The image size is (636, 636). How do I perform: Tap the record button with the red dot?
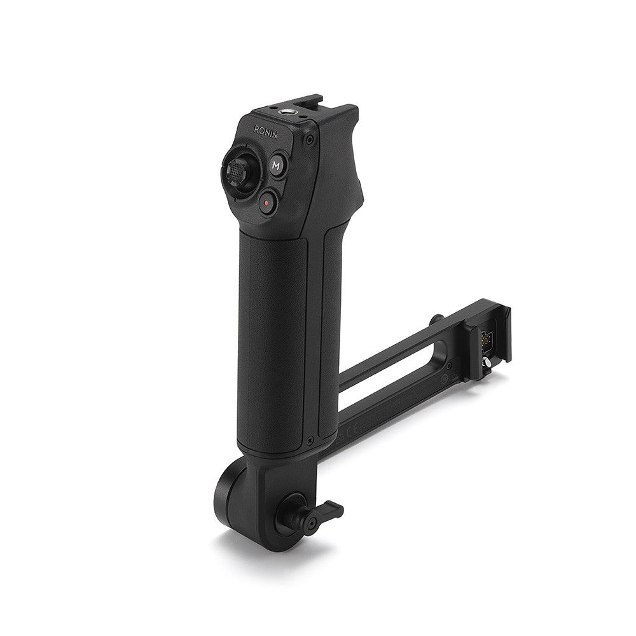tap(268, 202)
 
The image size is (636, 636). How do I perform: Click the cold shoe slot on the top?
tap(307, 101)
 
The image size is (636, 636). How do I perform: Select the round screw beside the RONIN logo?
tap(310, 140)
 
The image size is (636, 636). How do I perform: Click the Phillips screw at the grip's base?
tap(310, 439)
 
